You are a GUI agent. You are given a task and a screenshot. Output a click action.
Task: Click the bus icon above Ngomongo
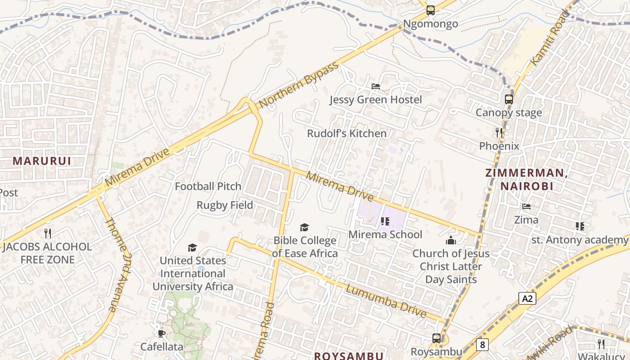[x=431, y=10]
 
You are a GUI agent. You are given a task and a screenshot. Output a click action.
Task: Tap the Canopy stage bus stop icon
[x=509, y=99]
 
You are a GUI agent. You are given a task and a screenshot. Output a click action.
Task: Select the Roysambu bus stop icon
[x=436, y=338]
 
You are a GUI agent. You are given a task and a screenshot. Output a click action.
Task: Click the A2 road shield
[x=527, y=298]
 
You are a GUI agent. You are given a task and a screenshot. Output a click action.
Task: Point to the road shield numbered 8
[x=482, y=345]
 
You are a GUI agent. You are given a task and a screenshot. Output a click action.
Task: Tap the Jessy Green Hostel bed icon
[x=376, y=86]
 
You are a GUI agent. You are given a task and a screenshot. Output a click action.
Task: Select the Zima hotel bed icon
[x=526, y=207]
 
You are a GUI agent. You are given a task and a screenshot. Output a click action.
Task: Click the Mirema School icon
[x=385, y=221]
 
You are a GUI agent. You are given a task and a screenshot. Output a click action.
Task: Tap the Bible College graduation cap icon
[x=305, y=227]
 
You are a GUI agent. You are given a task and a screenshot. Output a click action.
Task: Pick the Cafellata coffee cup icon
[x=162, y=333]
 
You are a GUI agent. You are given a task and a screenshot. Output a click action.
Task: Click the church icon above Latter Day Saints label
[x=451, y=240]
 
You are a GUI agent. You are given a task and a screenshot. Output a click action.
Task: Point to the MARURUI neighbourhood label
[x=42, y=161]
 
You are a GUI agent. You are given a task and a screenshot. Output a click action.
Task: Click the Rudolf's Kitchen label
[x=346, y=134]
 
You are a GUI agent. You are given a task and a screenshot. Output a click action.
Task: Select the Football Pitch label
[x=208, y=186]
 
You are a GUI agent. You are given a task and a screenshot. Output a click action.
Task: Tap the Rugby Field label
[x=225, y=205]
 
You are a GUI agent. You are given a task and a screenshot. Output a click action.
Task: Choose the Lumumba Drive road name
[x=386, y=301]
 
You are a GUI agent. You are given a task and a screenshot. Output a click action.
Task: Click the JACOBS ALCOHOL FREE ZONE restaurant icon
[x=48, y=234]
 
